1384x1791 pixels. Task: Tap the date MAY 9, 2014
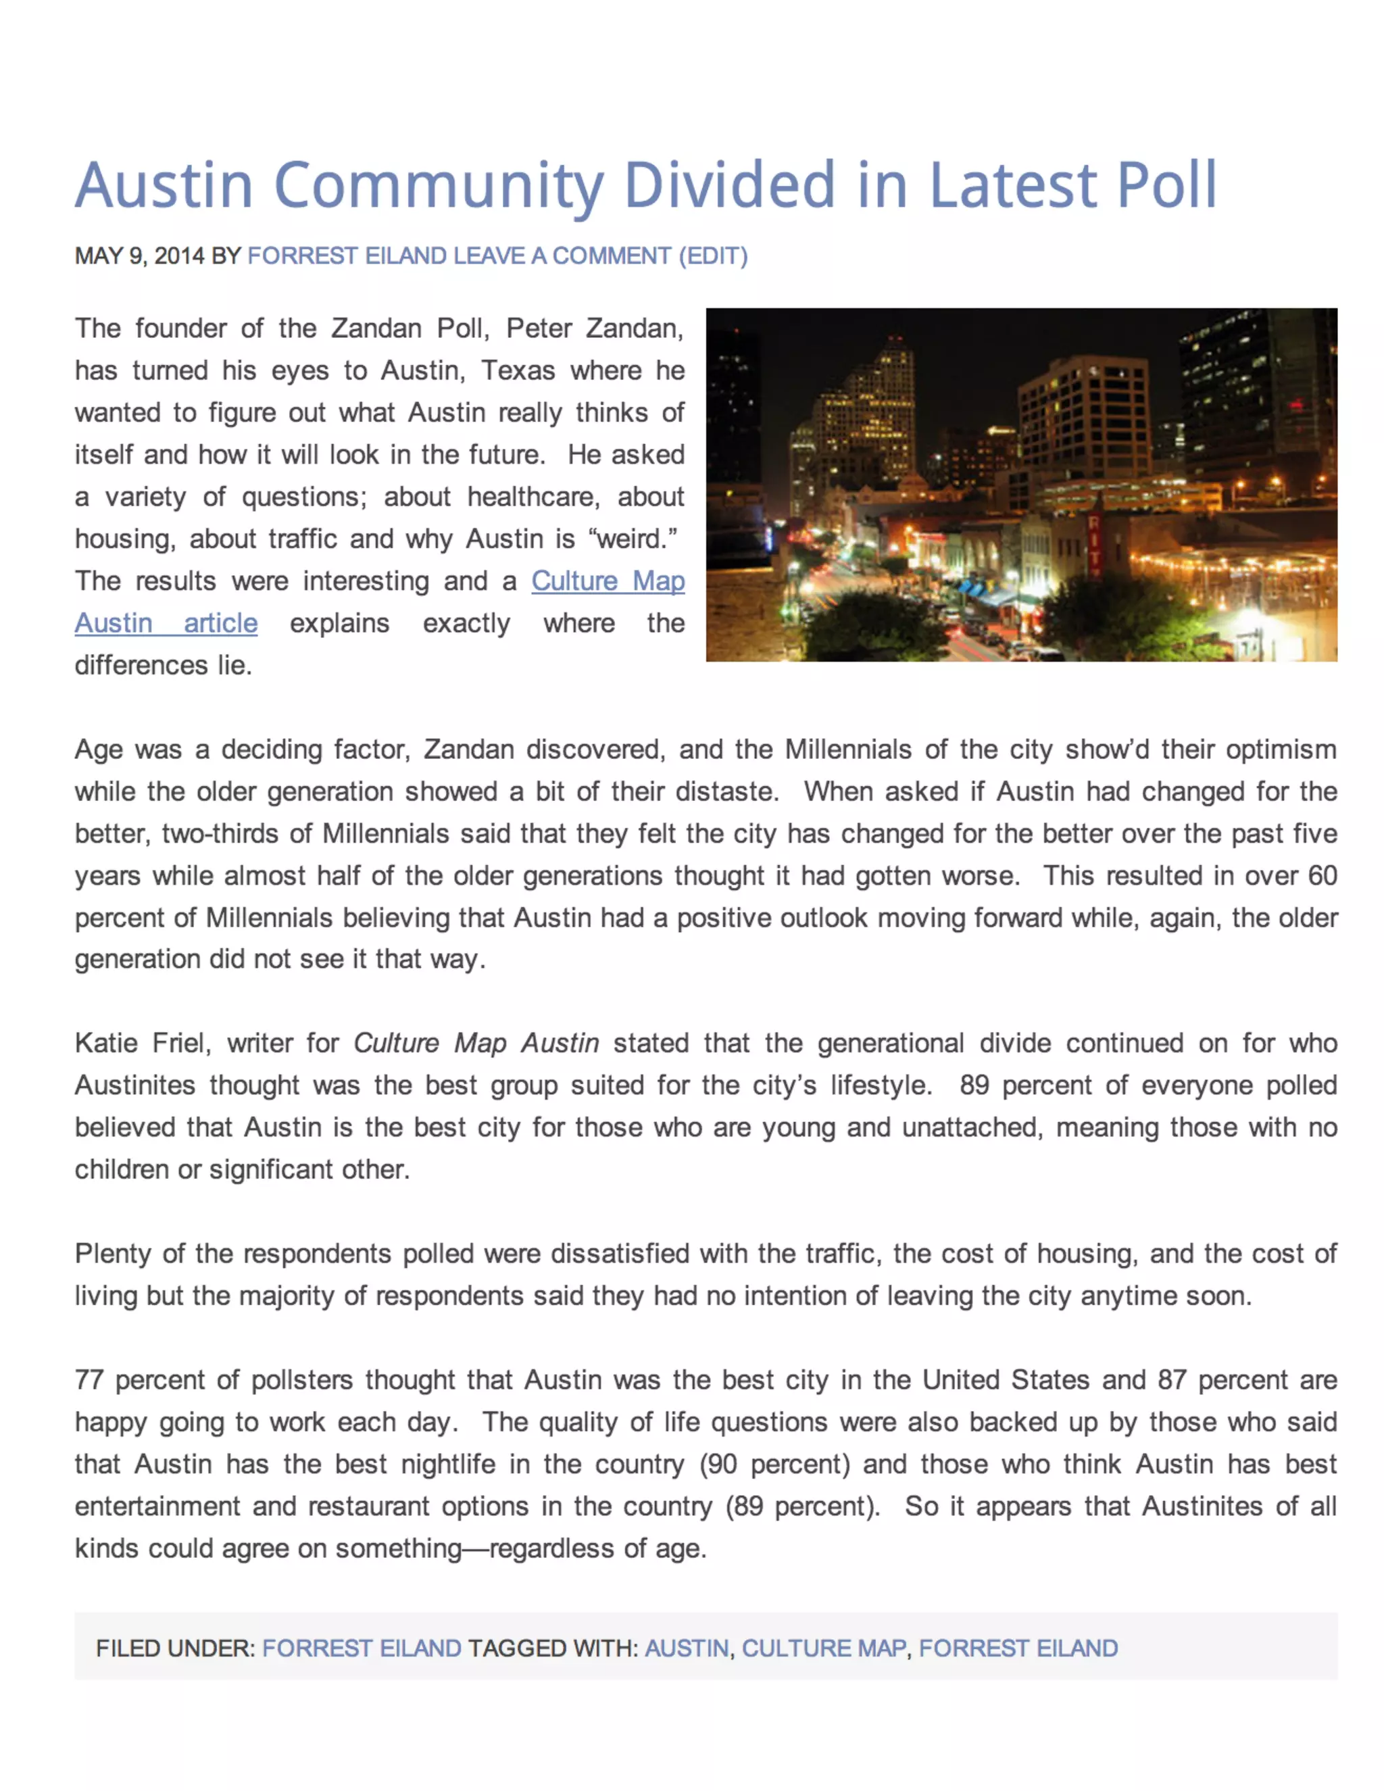(x=139, y=256)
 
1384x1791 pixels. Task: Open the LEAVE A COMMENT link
(x=562, y=256)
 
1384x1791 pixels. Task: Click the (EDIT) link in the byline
(x=712, y=256)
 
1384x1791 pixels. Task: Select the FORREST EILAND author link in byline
(x=347, y=256)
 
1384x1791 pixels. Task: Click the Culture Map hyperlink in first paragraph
(x=608, y=581)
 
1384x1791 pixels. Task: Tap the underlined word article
(x=220, y=623)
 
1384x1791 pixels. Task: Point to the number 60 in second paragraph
(x=1322, y=875)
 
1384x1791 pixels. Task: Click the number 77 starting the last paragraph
(x=89, y=1380)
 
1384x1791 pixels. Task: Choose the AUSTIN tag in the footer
(x=687, y=1648)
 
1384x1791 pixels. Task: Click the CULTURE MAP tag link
(x=823, y=1648)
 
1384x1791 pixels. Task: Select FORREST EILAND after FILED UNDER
(x=362, y=1648)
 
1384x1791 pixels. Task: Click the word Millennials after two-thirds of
(x=385, y=833)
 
